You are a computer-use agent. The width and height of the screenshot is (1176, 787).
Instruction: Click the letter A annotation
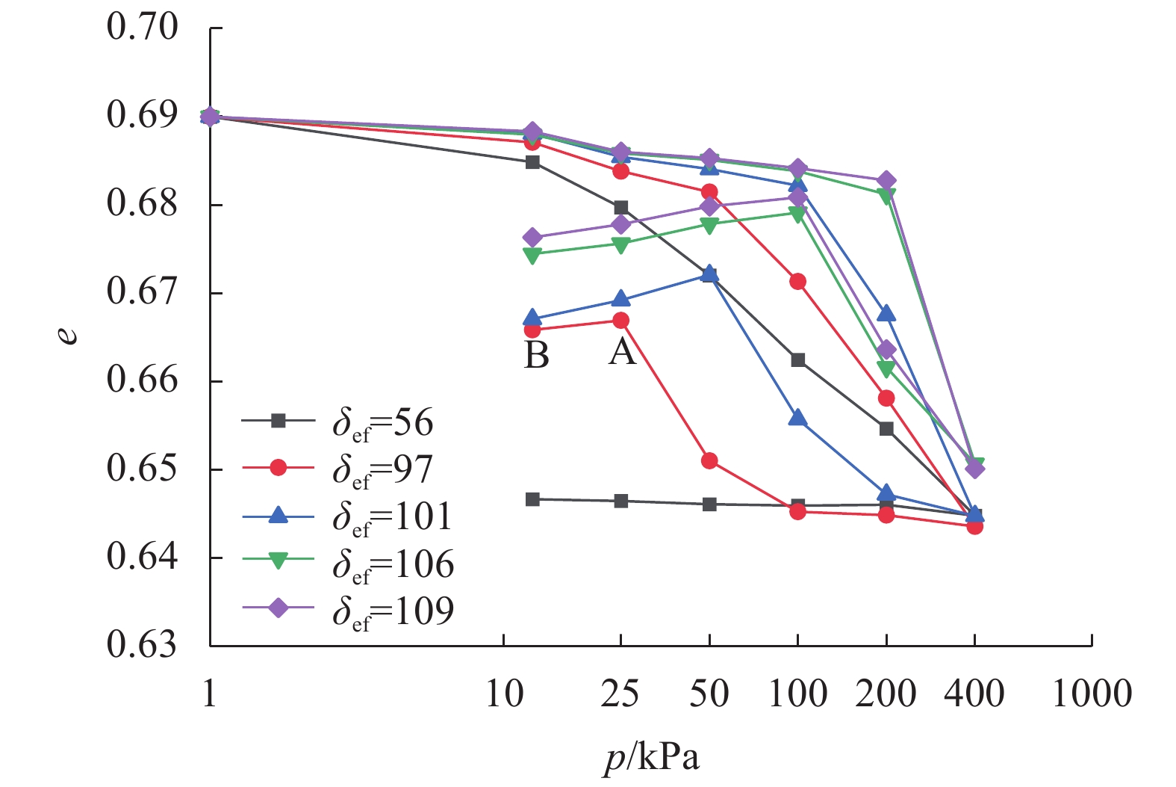pos(622,351)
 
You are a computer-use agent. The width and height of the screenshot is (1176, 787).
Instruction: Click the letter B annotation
pos(537,356)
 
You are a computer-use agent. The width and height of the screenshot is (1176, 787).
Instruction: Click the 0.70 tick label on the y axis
pos(143,27)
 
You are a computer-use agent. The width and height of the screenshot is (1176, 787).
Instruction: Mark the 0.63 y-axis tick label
pos(143,645)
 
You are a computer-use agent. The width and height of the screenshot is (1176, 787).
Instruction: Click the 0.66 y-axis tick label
pos(143,380)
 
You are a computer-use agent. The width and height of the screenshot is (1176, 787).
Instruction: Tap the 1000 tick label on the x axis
pos(1092,694)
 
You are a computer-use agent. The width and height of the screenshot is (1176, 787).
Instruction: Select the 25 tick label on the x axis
pos(620,694)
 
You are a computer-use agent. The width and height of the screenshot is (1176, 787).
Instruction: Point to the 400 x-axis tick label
pos(974,694)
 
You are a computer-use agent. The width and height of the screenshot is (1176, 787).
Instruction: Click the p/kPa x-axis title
pos(652,758)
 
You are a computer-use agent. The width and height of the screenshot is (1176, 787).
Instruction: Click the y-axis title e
pos(68,335)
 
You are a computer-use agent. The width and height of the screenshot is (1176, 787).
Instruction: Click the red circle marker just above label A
pos(621,321)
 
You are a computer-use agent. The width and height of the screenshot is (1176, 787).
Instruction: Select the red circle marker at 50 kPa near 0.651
pos(709,460)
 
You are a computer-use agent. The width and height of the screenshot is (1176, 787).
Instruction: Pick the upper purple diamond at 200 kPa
pos(886,181)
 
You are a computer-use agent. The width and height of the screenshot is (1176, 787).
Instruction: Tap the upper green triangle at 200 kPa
pos(886,196)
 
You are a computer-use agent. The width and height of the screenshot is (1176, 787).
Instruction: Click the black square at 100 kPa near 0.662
pos(798,360)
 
